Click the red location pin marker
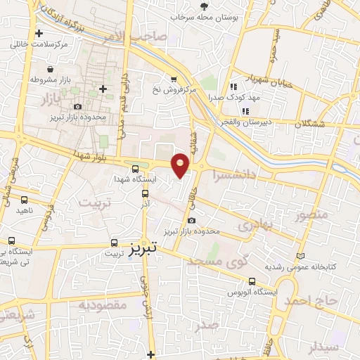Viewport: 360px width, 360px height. coord(181,164)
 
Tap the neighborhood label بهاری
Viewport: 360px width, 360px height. coord(254,226)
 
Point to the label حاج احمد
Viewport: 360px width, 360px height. coord(311,301)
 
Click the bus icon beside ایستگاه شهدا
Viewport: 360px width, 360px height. coord(135,169)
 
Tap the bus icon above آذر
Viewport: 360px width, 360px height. coord(146,193)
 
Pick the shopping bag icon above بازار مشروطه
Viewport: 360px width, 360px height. coord(51,70)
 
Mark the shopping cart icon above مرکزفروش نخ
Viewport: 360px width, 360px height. coord(174,78)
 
